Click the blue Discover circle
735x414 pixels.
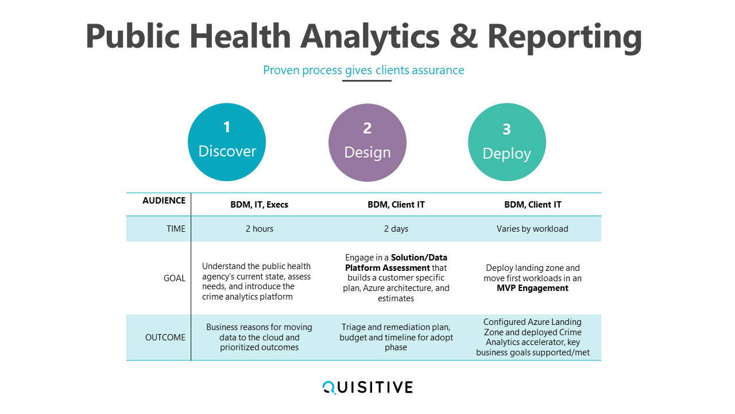click(227, 142)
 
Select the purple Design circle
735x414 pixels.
click(367, 143)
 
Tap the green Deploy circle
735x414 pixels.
click(507, 142)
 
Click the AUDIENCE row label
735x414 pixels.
click(164, 201)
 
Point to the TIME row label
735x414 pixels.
click(176, 229)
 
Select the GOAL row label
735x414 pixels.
click(174, 278)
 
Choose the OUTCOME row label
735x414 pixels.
click(165, 338)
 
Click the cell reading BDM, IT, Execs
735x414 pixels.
click(259, 205)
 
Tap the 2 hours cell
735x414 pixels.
click(259, 229)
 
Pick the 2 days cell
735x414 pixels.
click(396, 229)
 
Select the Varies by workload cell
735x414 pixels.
click(532, 229)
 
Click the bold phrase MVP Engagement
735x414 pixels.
click(532, 288)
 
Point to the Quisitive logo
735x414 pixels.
click(367, 388)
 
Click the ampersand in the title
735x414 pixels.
click(463, 36)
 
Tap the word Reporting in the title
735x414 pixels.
click(564, 38)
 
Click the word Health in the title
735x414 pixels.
click(240, 36)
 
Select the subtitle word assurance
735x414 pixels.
click(438, 70)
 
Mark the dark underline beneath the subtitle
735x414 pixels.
click(367, 80)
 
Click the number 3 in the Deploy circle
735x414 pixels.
click(506, 129)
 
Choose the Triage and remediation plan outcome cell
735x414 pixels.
click(396, 337)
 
